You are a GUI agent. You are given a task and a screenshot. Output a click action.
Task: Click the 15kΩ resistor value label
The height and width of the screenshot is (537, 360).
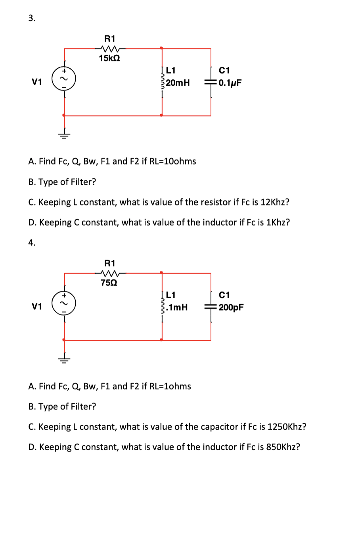point(109,58)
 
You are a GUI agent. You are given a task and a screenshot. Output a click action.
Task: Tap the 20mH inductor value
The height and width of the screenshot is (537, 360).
point(178,82)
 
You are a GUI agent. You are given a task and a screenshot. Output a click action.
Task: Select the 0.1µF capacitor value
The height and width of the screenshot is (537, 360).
point(230,82)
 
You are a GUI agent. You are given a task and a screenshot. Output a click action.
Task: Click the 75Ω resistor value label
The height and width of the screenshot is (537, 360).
point(109,283)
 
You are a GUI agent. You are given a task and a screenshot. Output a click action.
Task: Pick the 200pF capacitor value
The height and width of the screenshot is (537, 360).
point(231,307)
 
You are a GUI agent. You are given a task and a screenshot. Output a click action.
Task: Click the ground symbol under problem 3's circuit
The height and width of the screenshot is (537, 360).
point(64,135)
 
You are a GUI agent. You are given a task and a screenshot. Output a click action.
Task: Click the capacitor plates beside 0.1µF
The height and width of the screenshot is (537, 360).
point(211,83)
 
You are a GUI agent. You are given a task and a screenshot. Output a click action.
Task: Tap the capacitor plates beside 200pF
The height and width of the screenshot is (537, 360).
point(211,307)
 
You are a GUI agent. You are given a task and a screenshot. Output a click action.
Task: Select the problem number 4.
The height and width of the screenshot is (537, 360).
point(32,243)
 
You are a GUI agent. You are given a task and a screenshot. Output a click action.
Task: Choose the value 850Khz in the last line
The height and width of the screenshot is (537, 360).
point(283,447)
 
